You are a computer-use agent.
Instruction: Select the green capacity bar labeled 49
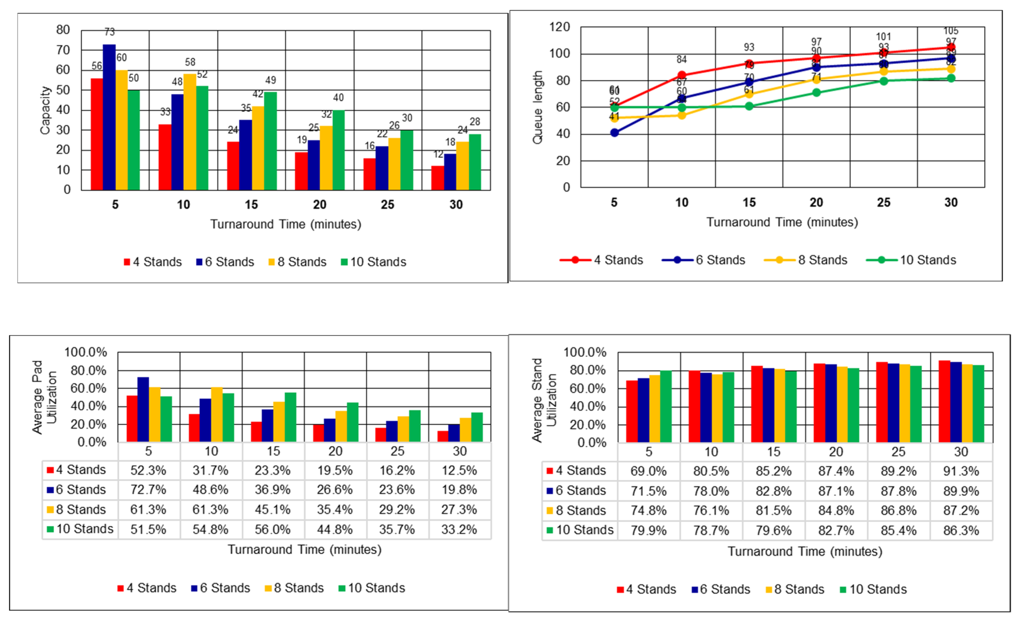271,141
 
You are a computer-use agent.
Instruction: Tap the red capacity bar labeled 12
438,178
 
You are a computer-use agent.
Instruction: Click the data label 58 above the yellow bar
190,62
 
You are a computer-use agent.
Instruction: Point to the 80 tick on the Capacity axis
63,30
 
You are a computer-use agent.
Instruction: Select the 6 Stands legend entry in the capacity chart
225,262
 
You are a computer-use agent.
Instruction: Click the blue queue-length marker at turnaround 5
615,133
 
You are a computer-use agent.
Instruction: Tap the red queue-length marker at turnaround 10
682,75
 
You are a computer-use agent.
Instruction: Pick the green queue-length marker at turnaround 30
951,78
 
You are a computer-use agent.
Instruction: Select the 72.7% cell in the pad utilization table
148,490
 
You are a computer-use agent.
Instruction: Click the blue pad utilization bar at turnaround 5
143,409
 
